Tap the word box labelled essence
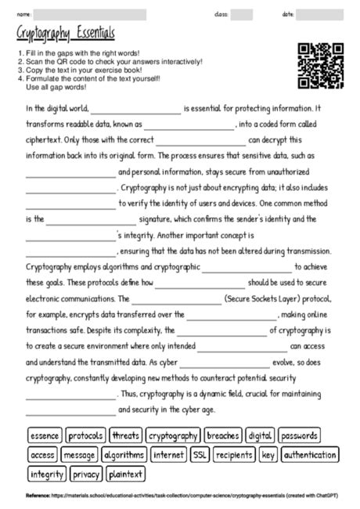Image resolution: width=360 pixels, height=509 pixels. tap(45, 435)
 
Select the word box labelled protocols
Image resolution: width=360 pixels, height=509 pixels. tap(85, 435)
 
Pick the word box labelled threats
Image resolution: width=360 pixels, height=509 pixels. tap(125, 435)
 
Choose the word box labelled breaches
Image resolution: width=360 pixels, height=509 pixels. tap(223, 435)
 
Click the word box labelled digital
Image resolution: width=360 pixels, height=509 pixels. tap(261, 435)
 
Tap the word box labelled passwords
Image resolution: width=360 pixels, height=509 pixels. tap(299, 435)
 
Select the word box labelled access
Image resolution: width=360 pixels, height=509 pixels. tap(42, 454)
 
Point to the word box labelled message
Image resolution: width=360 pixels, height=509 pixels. tap(79, 454)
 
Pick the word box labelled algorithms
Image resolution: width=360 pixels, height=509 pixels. tap(124, 454)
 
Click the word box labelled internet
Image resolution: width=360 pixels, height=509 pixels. tap(169, 454)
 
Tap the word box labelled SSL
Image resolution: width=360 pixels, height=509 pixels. tap(200, 454)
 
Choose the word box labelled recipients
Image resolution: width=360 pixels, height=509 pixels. tap(234, 454)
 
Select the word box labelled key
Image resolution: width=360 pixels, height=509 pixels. tap(268, 454)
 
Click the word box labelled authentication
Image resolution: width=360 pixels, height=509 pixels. tap(310, 454)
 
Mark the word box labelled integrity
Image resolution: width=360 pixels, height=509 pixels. tap(47, 474)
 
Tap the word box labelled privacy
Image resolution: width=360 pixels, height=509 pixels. tap(86, 474)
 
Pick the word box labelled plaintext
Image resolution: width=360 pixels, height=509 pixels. tap(126, 474)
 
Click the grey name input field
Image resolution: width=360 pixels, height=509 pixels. tap(90, 14)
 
